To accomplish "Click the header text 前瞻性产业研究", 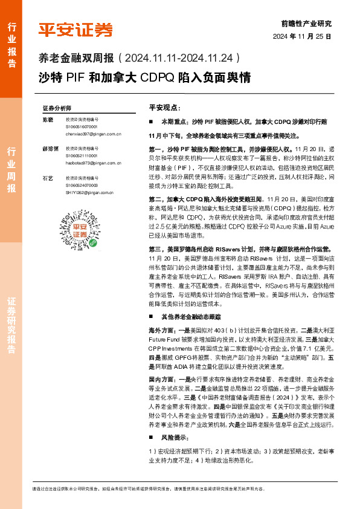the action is [307, 24].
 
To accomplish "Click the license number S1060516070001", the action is [81, 127].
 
